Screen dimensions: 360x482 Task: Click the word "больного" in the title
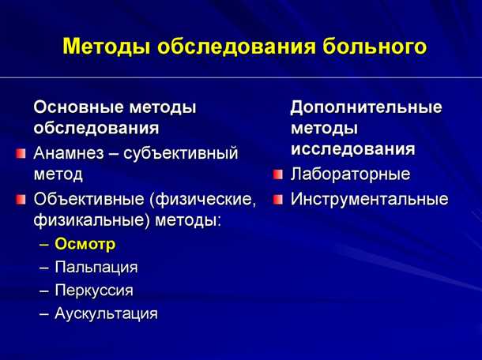[x=375, y=47]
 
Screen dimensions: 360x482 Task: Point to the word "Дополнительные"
[x=366, y=106]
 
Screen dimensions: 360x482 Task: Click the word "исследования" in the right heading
[x=352, y=148]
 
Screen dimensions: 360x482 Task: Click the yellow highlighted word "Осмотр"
[x=85, y=243]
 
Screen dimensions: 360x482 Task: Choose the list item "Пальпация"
[x=96, y=267]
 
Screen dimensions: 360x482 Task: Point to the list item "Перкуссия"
[x=93, y=290]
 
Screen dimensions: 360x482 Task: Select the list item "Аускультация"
[x=106, y=313]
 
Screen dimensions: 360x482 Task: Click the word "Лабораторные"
[x=350, y=174]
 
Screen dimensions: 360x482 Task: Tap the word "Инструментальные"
[x=369, y=199]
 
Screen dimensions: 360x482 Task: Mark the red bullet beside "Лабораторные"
[x=277, y=174]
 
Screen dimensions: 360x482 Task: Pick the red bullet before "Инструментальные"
[x=277, y=199]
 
